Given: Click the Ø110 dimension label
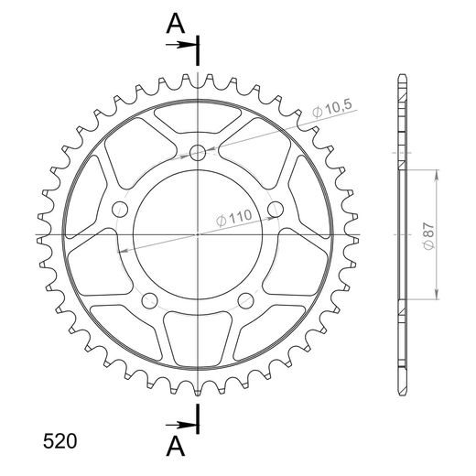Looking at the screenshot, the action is [234, 218].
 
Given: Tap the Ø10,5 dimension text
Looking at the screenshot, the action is [332, 108].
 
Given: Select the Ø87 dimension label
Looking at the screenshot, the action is [428, 236].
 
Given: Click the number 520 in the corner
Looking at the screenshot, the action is [59, 441].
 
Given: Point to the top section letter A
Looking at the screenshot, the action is [176, 24].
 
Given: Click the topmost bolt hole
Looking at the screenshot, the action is [198, 153].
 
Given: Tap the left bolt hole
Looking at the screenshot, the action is [120, 210].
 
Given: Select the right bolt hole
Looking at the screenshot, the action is [276, 210].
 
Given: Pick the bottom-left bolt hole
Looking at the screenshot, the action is [150, 300].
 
